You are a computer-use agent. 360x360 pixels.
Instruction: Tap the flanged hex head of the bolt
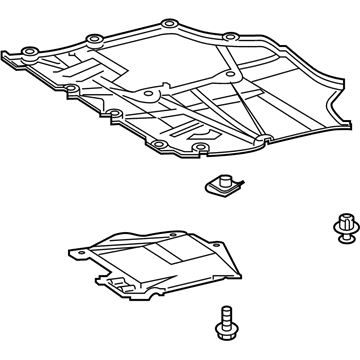coord(224,326)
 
